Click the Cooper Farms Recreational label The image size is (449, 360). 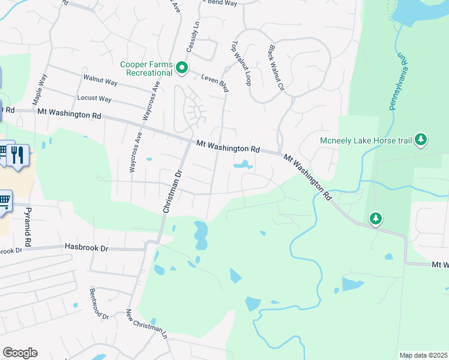146,68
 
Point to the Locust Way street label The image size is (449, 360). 94,98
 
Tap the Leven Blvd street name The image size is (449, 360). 215,83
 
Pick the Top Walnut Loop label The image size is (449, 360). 241,63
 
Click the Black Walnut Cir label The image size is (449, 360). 276,67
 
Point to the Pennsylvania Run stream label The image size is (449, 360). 398,82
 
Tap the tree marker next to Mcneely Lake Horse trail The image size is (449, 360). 421,140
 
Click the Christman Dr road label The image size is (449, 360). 172,192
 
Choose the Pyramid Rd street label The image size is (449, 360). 28,228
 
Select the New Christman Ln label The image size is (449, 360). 146,325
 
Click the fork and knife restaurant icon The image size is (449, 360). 19,156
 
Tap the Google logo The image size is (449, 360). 20,353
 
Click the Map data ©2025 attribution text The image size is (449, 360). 423,355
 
